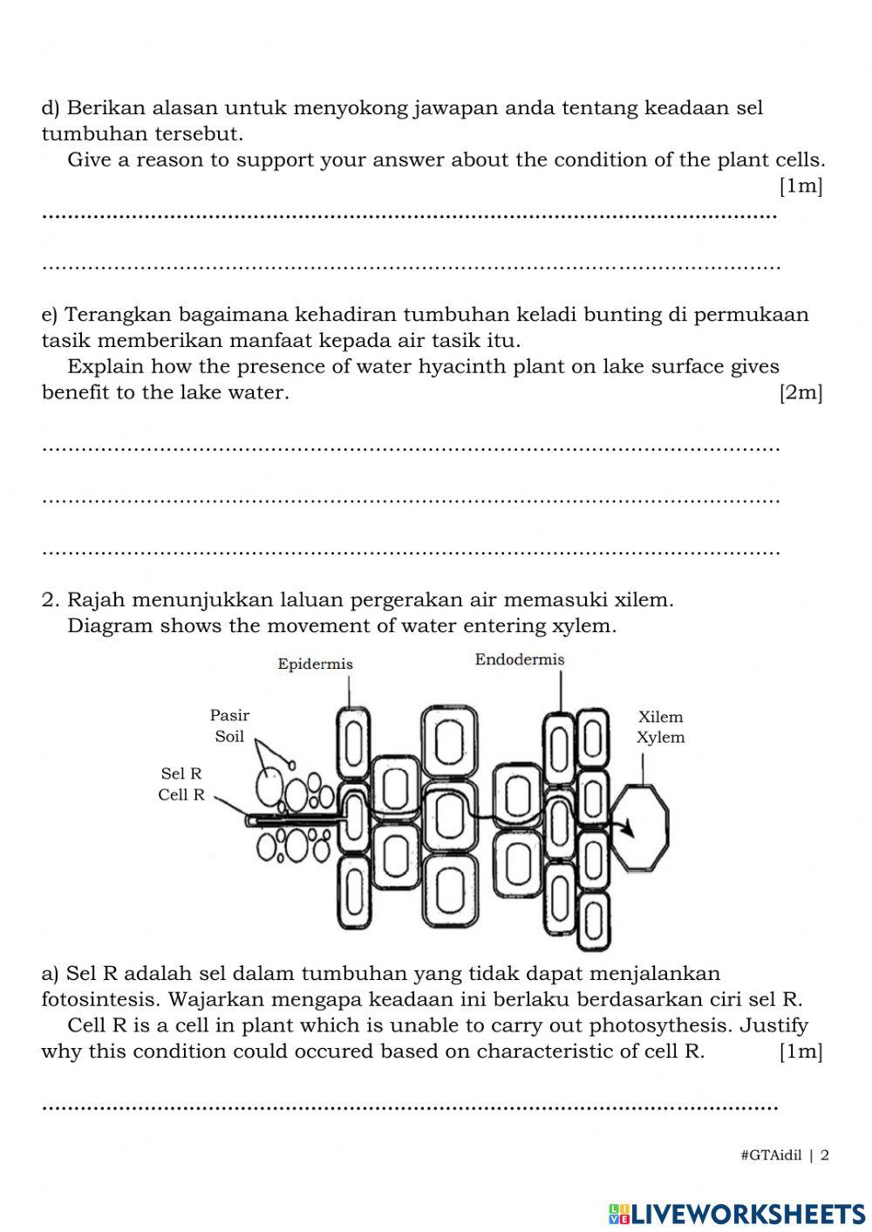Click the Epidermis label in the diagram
(315, 664)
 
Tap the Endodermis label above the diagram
(520, 660)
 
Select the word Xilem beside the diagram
(660, 718)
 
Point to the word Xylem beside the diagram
(660, 738)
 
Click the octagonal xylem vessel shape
(641, 827)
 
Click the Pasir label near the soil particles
(229, 716)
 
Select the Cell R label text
(181, 795)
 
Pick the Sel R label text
(181, 774)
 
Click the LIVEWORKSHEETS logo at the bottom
(737, 1213)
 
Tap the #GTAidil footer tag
(771, 1156)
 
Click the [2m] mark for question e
(800, 392)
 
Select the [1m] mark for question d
(800, 186)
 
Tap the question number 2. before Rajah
(51, 600)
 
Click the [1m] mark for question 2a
(800, 1052)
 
